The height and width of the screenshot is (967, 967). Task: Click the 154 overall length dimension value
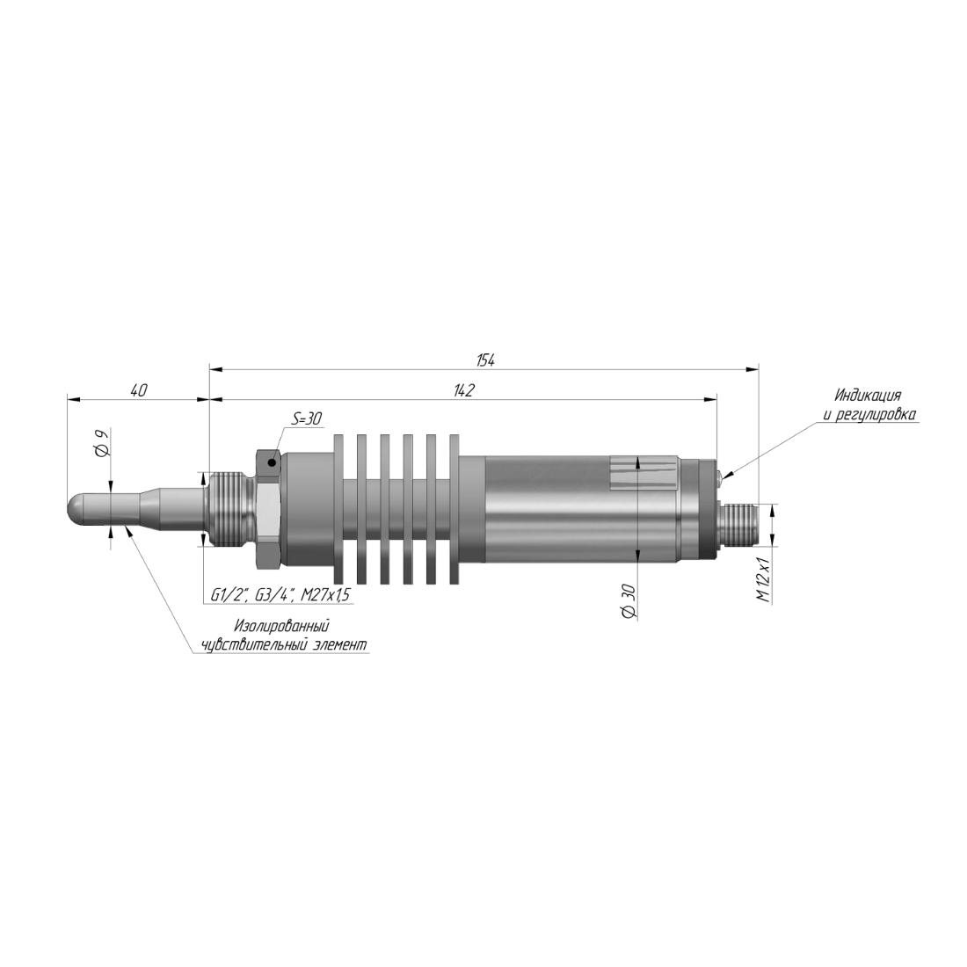click(x=485, y=360)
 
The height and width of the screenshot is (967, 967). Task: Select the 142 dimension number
click(x=464, y=390)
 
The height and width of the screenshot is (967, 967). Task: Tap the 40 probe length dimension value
click(x=139, y=390)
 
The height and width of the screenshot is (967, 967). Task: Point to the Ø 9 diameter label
click(x=102, y=443)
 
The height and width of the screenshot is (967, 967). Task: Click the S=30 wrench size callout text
click(x=307, y=418)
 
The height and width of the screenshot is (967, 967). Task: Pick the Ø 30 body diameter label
click(x=629, y=600)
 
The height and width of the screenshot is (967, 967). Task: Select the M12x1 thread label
click(x=763, y=579)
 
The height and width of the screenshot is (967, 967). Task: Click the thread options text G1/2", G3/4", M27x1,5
click(x=280, y=594)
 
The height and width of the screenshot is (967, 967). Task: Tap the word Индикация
click(x=868, y=396)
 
